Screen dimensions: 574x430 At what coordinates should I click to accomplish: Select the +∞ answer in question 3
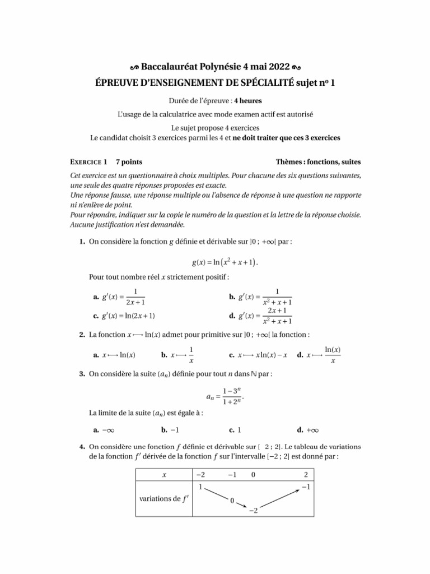pyautogui.click(x=309, y=430)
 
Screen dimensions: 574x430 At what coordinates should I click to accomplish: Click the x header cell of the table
pyautogui.click(x=164, y=475)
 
